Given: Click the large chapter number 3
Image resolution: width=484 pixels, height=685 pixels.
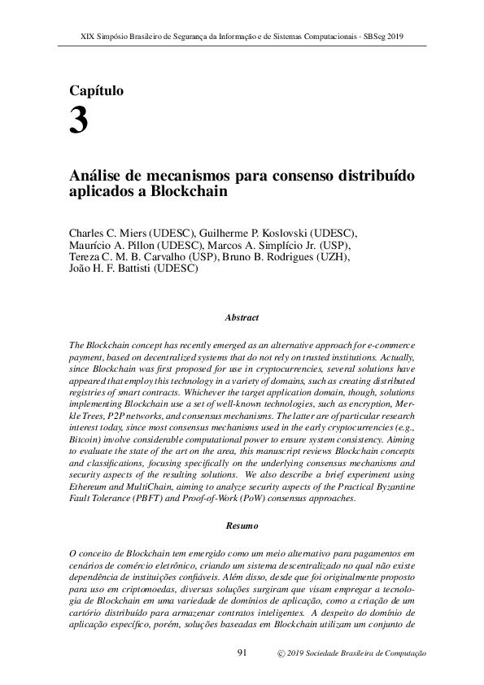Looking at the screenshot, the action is click(79, 122).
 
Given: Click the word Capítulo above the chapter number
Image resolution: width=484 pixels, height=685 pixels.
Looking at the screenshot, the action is click(97, 91).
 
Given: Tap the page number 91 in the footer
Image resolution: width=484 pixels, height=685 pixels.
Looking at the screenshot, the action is click(242, 653).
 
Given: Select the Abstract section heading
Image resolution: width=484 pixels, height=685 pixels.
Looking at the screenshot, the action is click(242, 317).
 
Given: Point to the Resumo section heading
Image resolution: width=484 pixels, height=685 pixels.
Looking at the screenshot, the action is click(242, 526).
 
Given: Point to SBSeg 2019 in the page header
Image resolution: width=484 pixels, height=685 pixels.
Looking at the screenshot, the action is click(383, 37).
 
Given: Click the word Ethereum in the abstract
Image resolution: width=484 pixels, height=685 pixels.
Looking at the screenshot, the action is click(91, 487).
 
